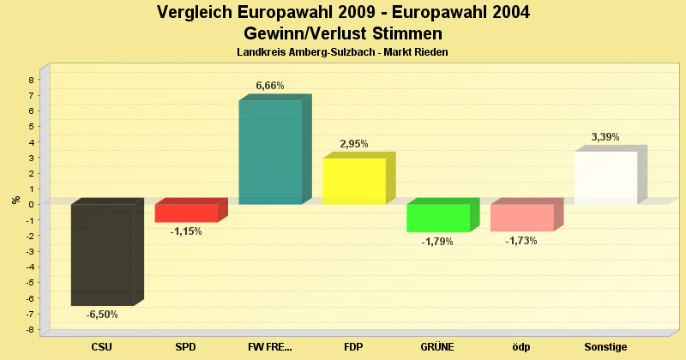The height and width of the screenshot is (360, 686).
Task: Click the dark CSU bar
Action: point(102,255)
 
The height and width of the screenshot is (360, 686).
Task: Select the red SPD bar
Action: point(186,213)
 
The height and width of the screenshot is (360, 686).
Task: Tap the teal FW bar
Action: point(270,153)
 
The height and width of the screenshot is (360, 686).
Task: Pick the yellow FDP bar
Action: point(354,181)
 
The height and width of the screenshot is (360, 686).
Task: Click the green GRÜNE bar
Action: point(438,218)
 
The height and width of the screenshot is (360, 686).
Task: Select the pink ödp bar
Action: point(522,218)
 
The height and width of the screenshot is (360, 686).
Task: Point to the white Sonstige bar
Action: point(605,177)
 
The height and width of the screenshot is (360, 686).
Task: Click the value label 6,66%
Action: point(270,86)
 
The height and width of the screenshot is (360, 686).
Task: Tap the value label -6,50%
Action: point(102,315)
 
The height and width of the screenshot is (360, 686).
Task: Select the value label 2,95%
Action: point(354,144)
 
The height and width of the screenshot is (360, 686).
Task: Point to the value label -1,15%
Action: point(186,231)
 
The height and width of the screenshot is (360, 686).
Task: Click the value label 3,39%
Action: point(605,137)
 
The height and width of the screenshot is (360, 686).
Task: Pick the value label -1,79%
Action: point(437,242)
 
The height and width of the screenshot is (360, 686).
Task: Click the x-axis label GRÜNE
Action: point(437,347)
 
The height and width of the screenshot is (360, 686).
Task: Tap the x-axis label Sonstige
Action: point(605,347)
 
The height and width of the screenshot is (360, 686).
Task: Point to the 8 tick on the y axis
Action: point(32,80)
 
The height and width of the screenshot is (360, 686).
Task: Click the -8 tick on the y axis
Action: point(29,330)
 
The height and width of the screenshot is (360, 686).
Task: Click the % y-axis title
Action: point(15,200)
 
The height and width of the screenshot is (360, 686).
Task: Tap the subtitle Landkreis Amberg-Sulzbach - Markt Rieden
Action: point(343,52)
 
